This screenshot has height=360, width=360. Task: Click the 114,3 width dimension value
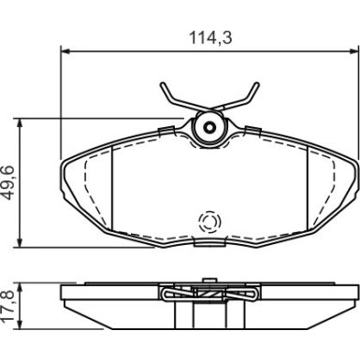pyautogui.click(x=210, y=38)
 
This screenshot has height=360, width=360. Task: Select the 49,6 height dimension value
pyautogui.click(x=9, y=183)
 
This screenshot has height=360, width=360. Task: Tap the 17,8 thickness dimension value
pyautogui.click(x=9, y=307)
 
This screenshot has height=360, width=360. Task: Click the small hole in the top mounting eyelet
pyautogui.click(x=209, y=127)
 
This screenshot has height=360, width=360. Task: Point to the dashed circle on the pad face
pyautogui.click(x=209, y=222)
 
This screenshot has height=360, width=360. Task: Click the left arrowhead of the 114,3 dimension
pyautogui.click(x=65, y=51)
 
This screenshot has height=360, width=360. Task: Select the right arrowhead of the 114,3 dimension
pyautogui.click(x=351, y=51)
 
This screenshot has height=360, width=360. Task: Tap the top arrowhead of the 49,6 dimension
pyautogui.click(x=20, y=123)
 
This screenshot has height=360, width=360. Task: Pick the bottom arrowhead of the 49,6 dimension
pyautogui.click(x=20, y=243)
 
